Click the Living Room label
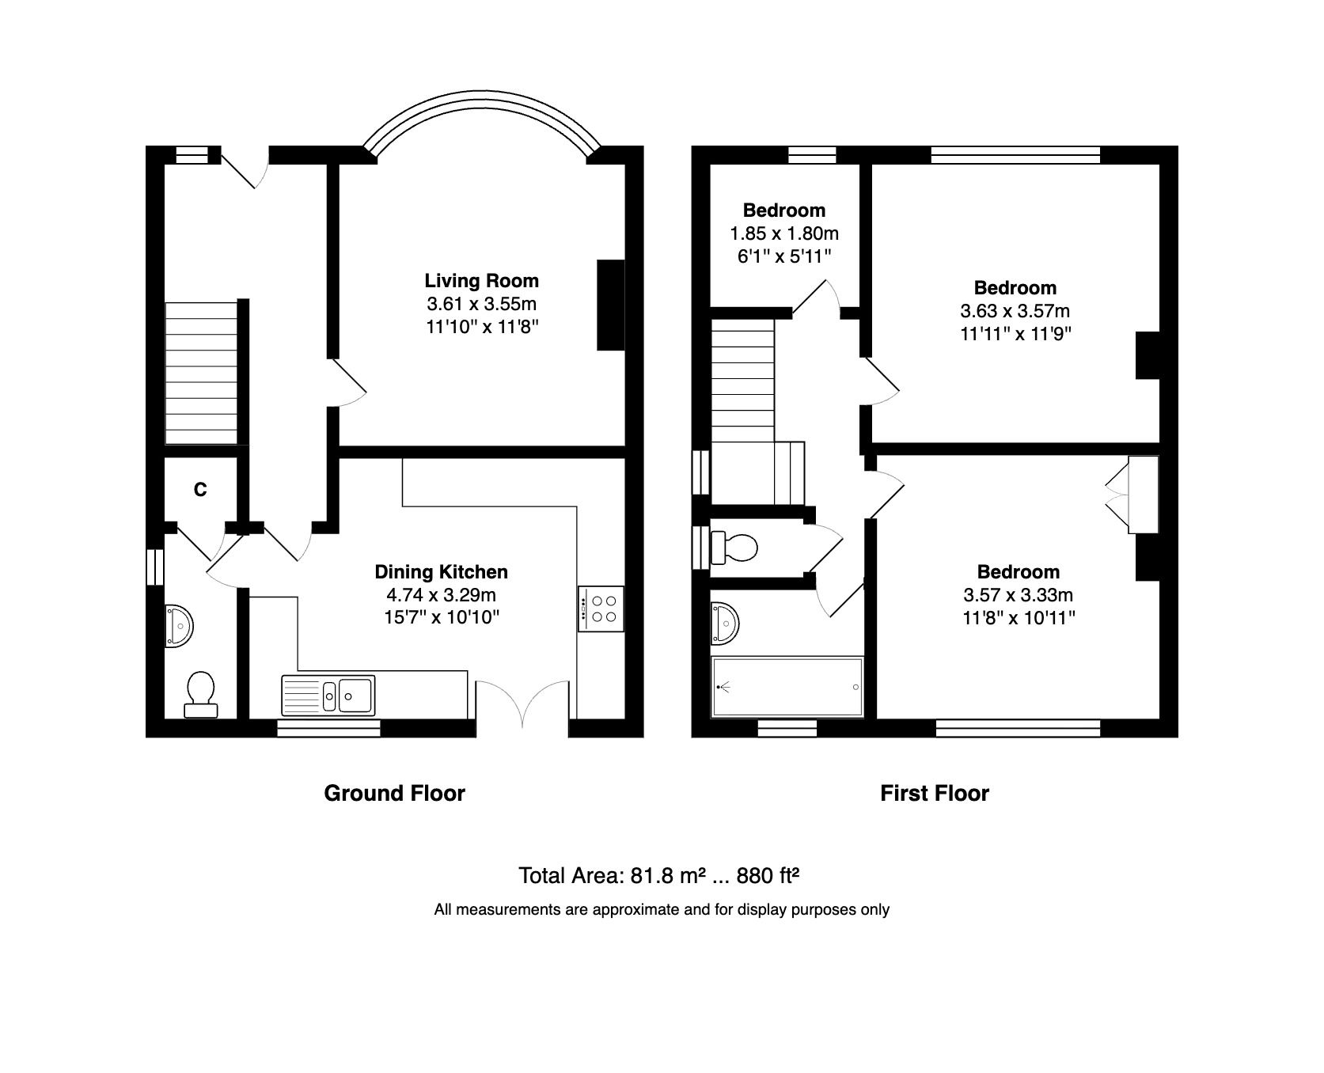coord(481,281)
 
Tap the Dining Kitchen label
coord(441,571)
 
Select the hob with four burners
coord(600,608)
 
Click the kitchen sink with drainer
coord(328,696)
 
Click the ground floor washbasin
coord(179,627)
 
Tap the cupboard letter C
coord(200,490)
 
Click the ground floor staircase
coord(201,372)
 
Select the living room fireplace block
coord(610,305)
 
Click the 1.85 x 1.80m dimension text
coord(783,233)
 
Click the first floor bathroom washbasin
coord(725,622)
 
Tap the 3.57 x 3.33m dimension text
coord(1018,594)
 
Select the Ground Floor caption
coord(394,793)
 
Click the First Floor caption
coord(934,793)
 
